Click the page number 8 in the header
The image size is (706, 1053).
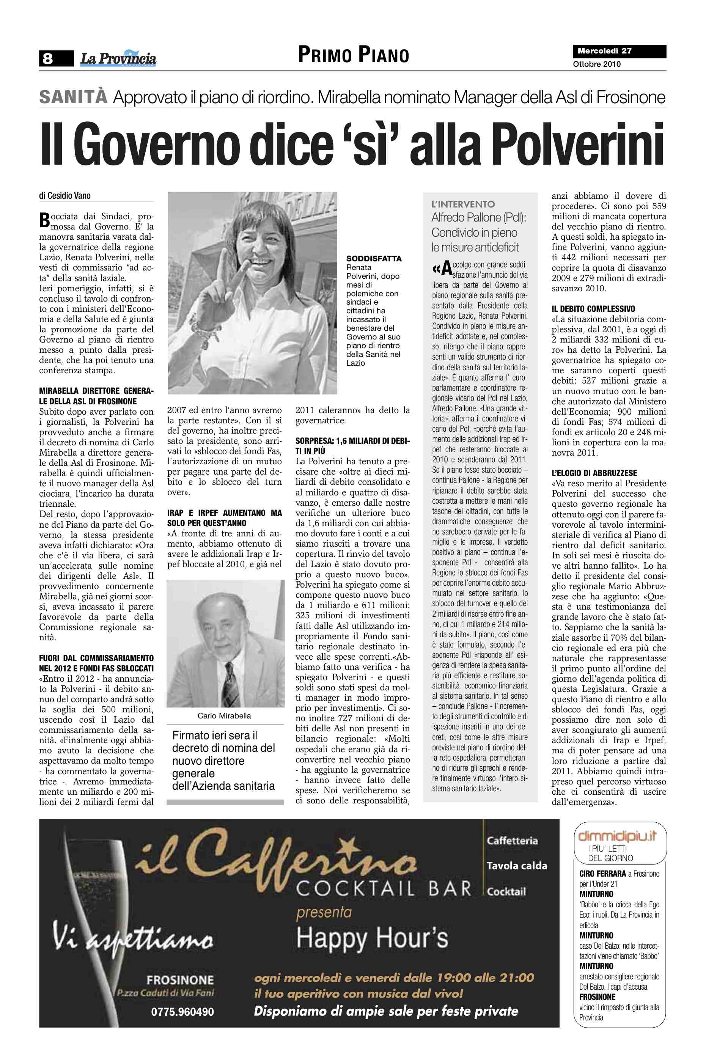[x=48, y=58]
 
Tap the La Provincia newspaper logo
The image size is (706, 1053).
[x=118, y=58]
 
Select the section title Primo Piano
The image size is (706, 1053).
[x=354, y=55]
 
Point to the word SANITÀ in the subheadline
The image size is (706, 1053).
[x=73, y=97]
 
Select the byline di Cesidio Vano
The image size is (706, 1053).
[x=65, y=196]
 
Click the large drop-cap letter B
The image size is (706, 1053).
[x=44, y=220]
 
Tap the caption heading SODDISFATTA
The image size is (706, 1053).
[x=374, y=259]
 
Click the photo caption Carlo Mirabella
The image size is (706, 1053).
[x=224, y=716]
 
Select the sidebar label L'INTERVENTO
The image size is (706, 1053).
[x=463, y=204]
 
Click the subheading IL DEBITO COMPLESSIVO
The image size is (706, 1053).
[x=593, y=309]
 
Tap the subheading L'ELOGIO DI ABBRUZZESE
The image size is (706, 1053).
[x=594, y=473]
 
